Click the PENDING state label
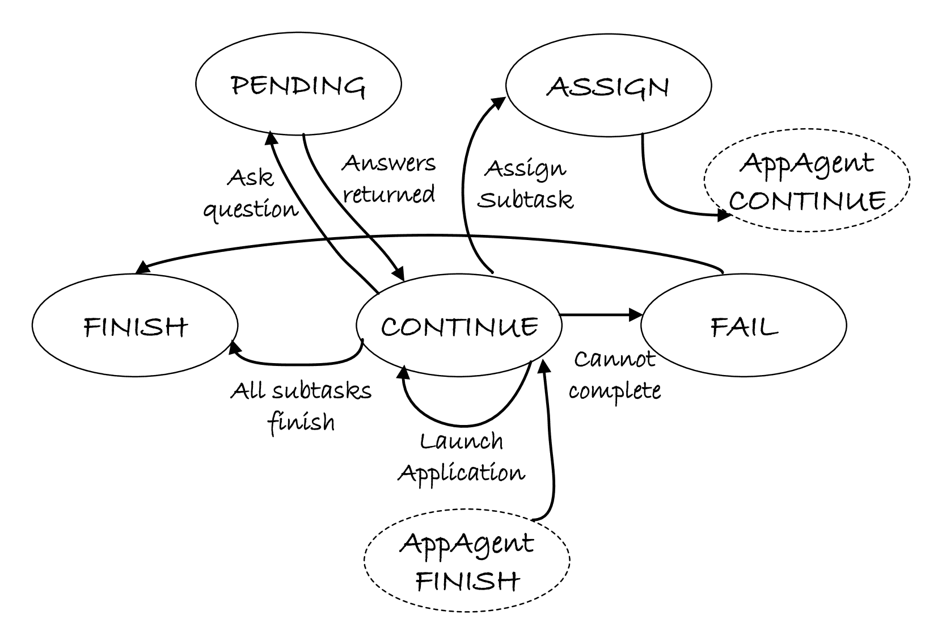click(x=298, y=87)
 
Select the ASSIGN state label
click(x=607, y=87)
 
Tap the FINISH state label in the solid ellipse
click(x=136, y=327)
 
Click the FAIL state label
click(x=744, y=327)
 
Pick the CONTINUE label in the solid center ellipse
click(x=459, y=327)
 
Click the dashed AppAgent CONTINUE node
click(x=807, y=180)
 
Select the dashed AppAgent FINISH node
click(x=467, y=560)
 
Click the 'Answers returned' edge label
click(x=388, y=179)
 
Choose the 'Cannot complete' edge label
click(x=614, y=376)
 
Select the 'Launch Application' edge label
click(x=461, y=458)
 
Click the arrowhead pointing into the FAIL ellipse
click(x=635, y=315)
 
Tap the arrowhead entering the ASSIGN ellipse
click(x=499, y=102)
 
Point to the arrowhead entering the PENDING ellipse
click(x=271, y=137)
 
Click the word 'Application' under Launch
click(x=461, y=474)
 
